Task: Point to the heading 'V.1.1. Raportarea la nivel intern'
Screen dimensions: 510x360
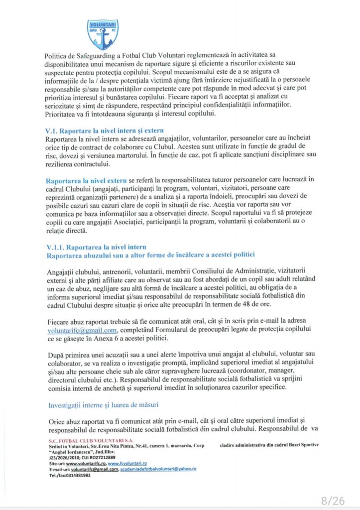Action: [x=96, y=247]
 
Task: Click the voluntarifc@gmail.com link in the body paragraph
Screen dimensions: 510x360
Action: [x=82, y=330]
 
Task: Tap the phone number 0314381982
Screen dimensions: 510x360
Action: [x=77, y=475]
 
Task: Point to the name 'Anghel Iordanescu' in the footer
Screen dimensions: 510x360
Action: [x=74, y=451]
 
